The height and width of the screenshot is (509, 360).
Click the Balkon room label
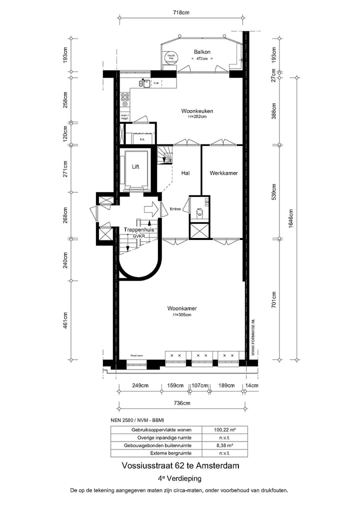tap(202, 52)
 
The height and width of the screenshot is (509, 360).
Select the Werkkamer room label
tap(223, 173)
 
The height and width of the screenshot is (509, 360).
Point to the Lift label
tap(135, 167)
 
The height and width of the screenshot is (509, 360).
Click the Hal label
tap(185, 173)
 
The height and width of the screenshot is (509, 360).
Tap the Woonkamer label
tap(182, 309)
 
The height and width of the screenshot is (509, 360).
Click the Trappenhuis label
tap(138, 229)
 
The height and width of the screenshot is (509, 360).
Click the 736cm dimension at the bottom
tap(181, 402)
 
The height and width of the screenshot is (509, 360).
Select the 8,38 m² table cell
tap(224, 445)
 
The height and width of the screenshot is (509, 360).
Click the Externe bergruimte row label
tap(155, 453)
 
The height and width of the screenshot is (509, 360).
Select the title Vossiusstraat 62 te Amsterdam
tap(180, 465)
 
